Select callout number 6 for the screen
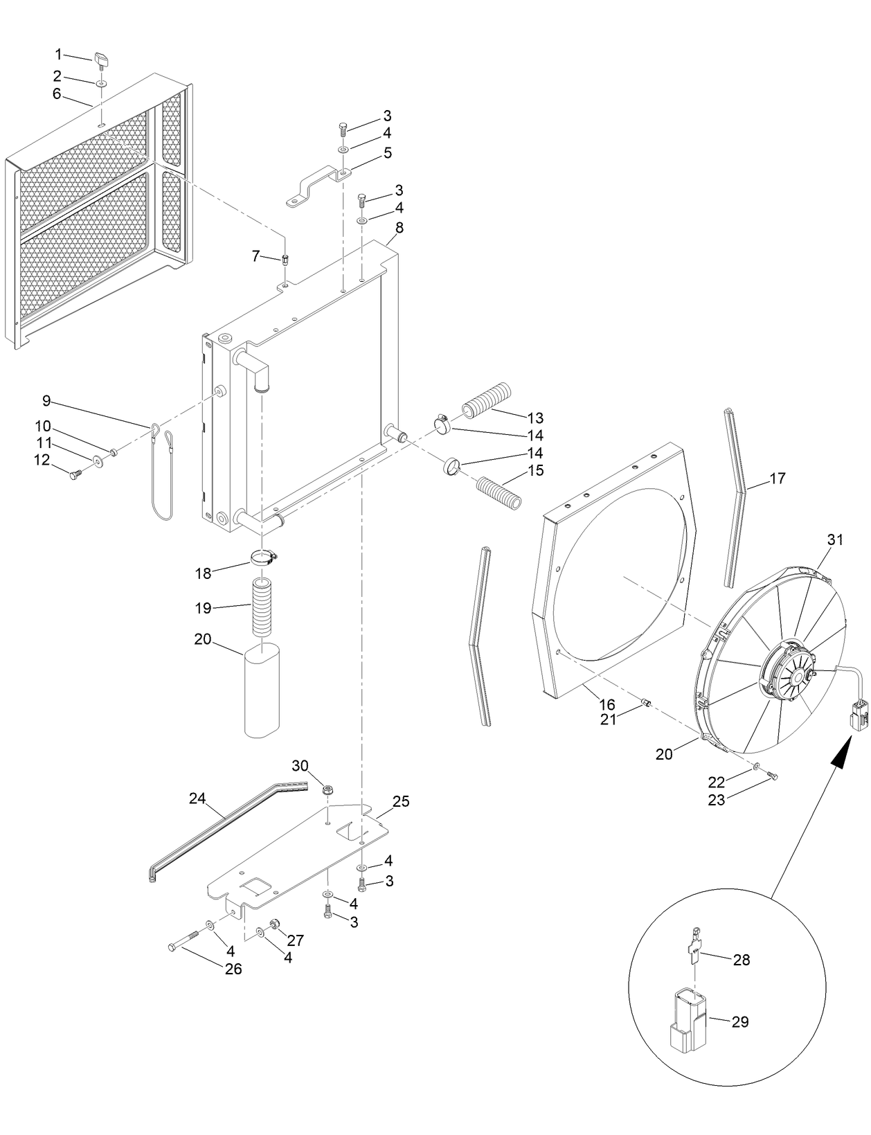(x=57, y=93)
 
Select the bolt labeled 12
(x=75, y=474)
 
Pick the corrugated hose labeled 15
(x=498, y=493)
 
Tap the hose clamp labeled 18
(x=263, y=556)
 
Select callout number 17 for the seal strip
(x=778, y=478)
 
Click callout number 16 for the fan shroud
(x=607, y=705)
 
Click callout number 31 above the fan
(x=836, y=539)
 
